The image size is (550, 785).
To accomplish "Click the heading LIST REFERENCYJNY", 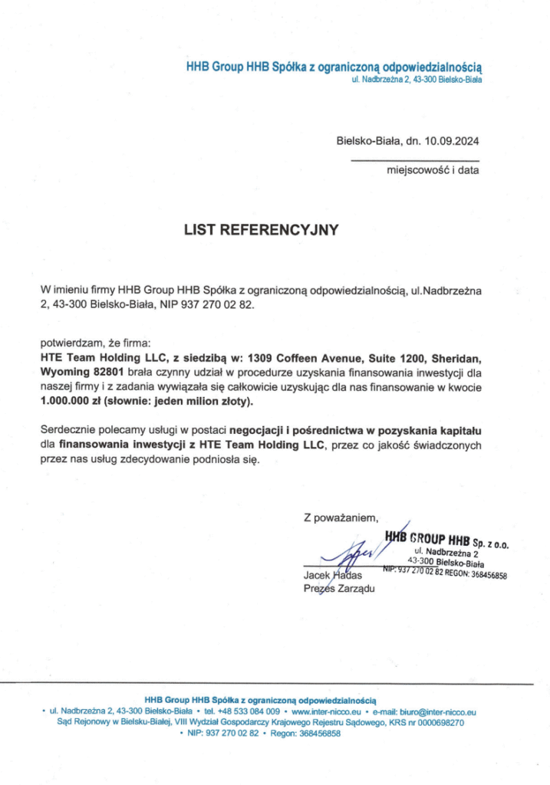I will point(260,228).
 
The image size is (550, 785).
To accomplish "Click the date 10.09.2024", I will point(452,140).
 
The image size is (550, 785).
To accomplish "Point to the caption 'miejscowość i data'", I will point(433,170).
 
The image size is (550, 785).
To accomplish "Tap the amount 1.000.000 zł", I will point(70,401).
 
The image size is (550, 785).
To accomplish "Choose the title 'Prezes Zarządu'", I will point(336,589).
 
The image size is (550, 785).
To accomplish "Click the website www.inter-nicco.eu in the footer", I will point(327,711).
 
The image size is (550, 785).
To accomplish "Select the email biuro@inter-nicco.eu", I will point(435,711).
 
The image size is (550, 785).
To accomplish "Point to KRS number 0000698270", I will point(436,722).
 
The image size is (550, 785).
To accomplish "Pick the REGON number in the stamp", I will point(482,574).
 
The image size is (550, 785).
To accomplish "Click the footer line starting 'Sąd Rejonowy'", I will point(260,722).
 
